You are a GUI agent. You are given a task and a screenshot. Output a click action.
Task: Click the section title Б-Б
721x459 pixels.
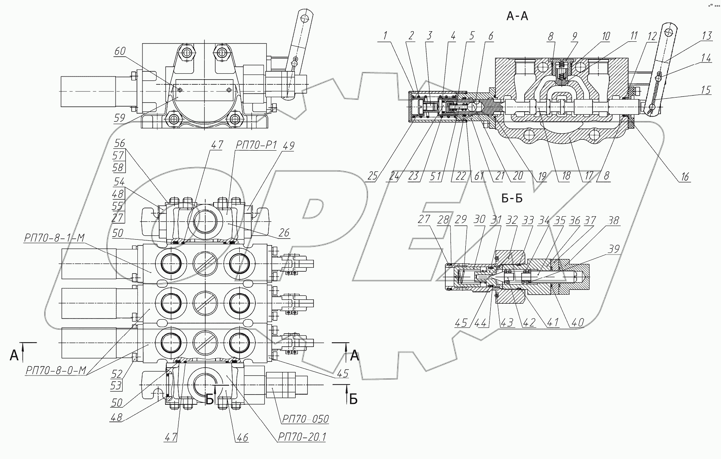(512, 199)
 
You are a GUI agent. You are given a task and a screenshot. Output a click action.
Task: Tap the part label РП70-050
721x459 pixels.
(304, 419)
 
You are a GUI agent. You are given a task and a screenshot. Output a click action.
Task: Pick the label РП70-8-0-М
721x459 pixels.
(55, 370)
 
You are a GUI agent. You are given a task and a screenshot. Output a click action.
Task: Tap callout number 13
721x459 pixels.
(707, 36)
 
